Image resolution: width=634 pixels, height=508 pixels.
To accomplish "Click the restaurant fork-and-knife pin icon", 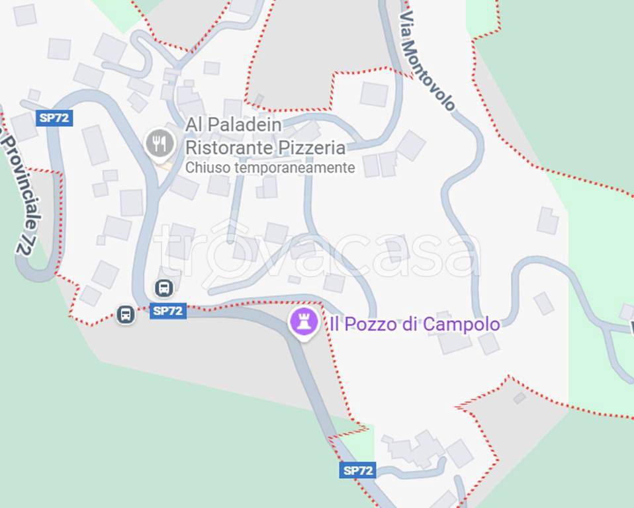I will point(159,143).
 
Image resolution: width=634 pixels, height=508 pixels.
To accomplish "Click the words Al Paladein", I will point(233,124).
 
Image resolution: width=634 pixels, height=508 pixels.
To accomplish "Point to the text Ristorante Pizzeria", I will point(265,146).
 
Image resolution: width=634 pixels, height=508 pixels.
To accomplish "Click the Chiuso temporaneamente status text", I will point(270,168).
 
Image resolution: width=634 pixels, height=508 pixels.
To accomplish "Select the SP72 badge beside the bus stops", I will point(168,311).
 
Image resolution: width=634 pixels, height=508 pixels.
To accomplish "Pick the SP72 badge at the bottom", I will point(358,471).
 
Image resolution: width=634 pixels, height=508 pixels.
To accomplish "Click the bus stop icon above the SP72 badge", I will point(164,288).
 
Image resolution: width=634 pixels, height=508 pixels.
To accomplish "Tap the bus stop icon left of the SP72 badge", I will point(125,314).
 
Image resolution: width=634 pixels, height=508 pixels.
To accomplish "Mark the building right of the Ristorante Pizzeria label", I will point(410,146).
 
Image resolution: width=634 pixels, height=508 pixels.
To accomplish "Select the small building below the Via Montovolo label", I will point(374,94).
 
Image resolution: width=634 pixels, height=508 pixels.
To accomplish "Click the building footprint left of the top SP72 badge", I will point(23,126).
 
